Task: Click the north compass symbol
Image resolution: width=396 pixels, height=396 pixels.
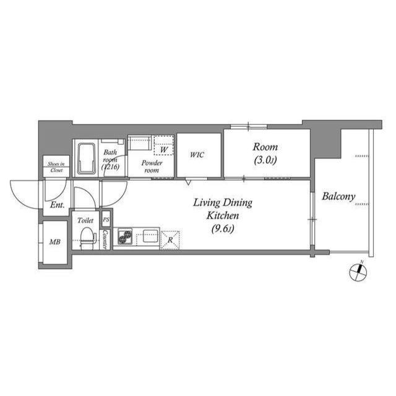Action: (358, 271)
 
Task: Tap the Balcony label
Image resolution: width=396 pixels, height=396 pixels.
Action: (338, 197)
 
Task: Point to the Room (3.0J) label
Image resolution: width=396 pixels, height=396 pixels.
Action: (265, 154)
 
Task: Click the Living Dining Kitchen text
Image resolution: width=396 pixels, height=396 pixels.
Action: (223, 210)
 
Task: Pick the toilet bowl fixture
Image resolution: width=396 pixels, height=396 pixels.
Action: (86, 236)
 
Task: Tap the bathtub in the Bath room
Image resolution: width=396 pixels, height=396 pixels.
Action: (85, 158)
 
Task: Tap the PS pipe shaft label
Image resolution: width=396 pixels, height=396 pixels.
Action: (106, 220)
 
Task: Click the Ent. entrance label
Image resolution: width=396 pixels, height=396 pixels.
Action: (57, 204)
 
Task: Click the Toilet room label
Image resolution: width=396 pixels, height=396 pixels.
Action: (85, 219)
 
